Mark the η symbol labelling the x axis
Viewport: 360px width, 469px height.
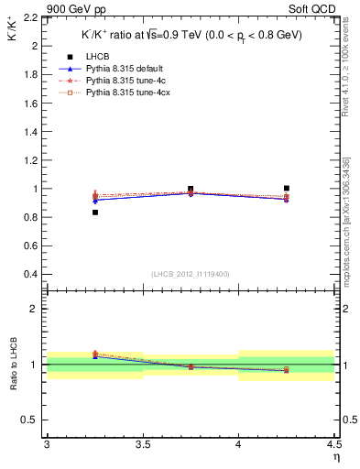pos(336,457)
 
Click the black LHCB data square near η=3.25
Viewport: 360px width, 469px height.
pos(95,213)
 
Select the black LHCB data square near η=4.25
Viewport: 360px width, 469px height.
pos(287,188)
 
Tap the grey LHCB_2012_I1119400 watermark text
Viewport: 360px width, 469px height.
pos(190,274)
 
